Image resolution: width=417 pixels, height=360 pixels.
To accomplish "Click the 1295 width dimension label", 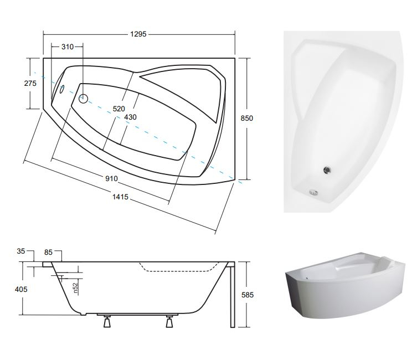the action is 138,34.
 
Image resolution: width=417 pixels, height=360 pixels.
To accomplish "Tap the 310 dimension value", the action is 67,47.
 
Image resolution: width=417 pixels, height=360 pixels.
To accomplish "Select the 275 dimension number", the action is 30,83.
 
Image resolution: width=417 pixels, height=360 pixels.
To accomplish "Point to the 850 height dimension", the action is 247,118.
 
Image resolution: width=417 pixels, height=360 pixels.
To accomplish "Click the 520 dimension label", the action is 119,109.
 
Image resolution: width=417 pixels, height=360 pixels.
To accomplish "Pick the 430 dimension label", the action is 130,117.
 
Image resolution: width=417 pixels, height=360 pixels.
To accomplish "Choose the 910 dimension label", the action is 111,178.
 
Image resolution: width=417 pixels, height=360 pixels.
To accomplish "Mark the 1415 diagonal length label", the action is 120,197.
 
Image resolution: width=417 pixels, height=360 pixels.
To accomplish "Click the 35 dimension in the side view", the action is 20,251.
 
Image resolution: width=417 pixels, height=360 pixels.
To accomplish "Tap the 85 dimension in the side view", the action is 48,252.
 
